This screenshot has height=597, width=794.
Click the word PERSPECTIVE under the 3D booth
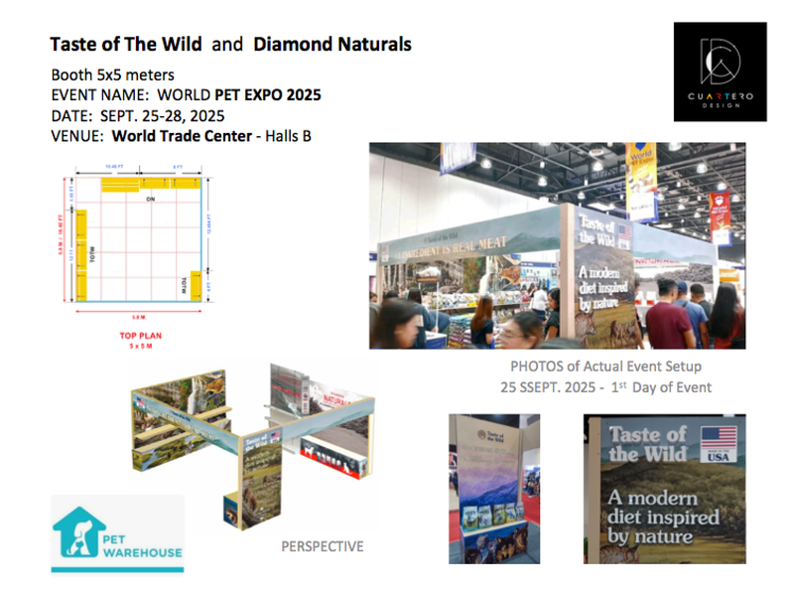(322, 546)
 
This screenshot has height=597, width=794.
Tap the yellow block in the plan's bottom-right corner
(196, 287)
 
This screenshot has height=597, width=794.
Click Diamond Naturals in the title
(331, 44)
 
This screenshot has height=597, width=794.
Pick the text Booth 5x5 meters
(113, 75)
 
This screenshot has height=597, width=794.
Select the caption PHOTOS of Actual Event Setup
(604, 367)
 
